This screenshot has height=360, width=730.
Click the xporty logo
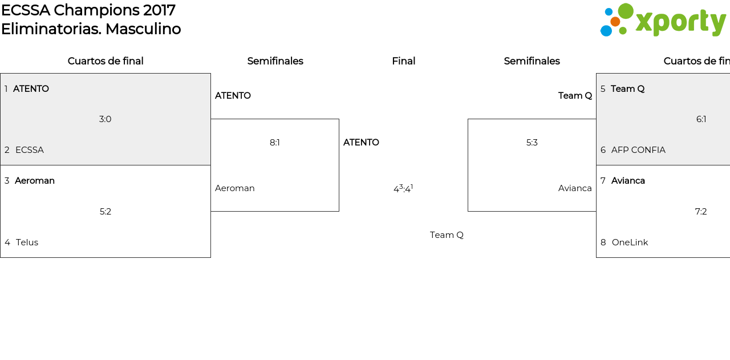pos(663,21)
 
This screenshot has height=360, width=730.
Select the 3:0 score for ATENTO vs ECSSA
pos(105,119)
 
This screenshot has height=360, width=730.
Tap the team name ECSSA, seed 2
pos(30,150)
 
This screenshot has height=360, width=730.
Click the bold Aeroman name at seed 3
pos(35,181)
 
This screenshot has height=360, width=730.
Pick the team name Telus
pos(27,242)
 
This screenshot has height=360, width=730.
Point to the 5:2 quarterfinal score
pos(106,212)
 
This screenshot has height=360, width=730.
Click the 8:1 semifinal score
pos(275,143)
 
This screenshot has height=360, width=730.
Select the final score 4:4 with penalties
pos(403,189)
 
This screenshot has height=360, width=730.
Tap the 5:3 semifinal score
pos(532,143)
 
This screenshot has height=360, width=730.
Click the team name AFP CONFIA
pos(638,150)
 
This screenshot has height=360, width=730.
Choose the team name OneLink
pos(630,242)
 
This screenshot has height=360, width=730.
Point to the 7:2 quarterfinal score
pos(701,212)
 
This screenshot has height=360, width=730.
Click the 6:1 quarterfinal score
pos(701,119)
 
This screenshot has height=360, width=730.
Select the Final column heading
pos(403,61)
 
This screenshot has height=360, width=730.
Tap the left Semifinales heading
pos(275,61)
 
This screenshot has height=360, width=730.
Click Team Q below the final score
pos(447,235)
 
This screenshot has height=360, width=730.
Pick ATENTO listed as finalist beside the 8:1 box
pos(361,143)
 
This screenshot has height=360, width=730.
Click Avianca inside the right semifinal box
pos(575,188)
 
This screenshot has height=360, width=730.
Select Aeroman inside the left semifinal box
pos(235,188)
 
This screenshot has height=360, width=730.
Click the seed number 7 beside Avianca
pos(603,181)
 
